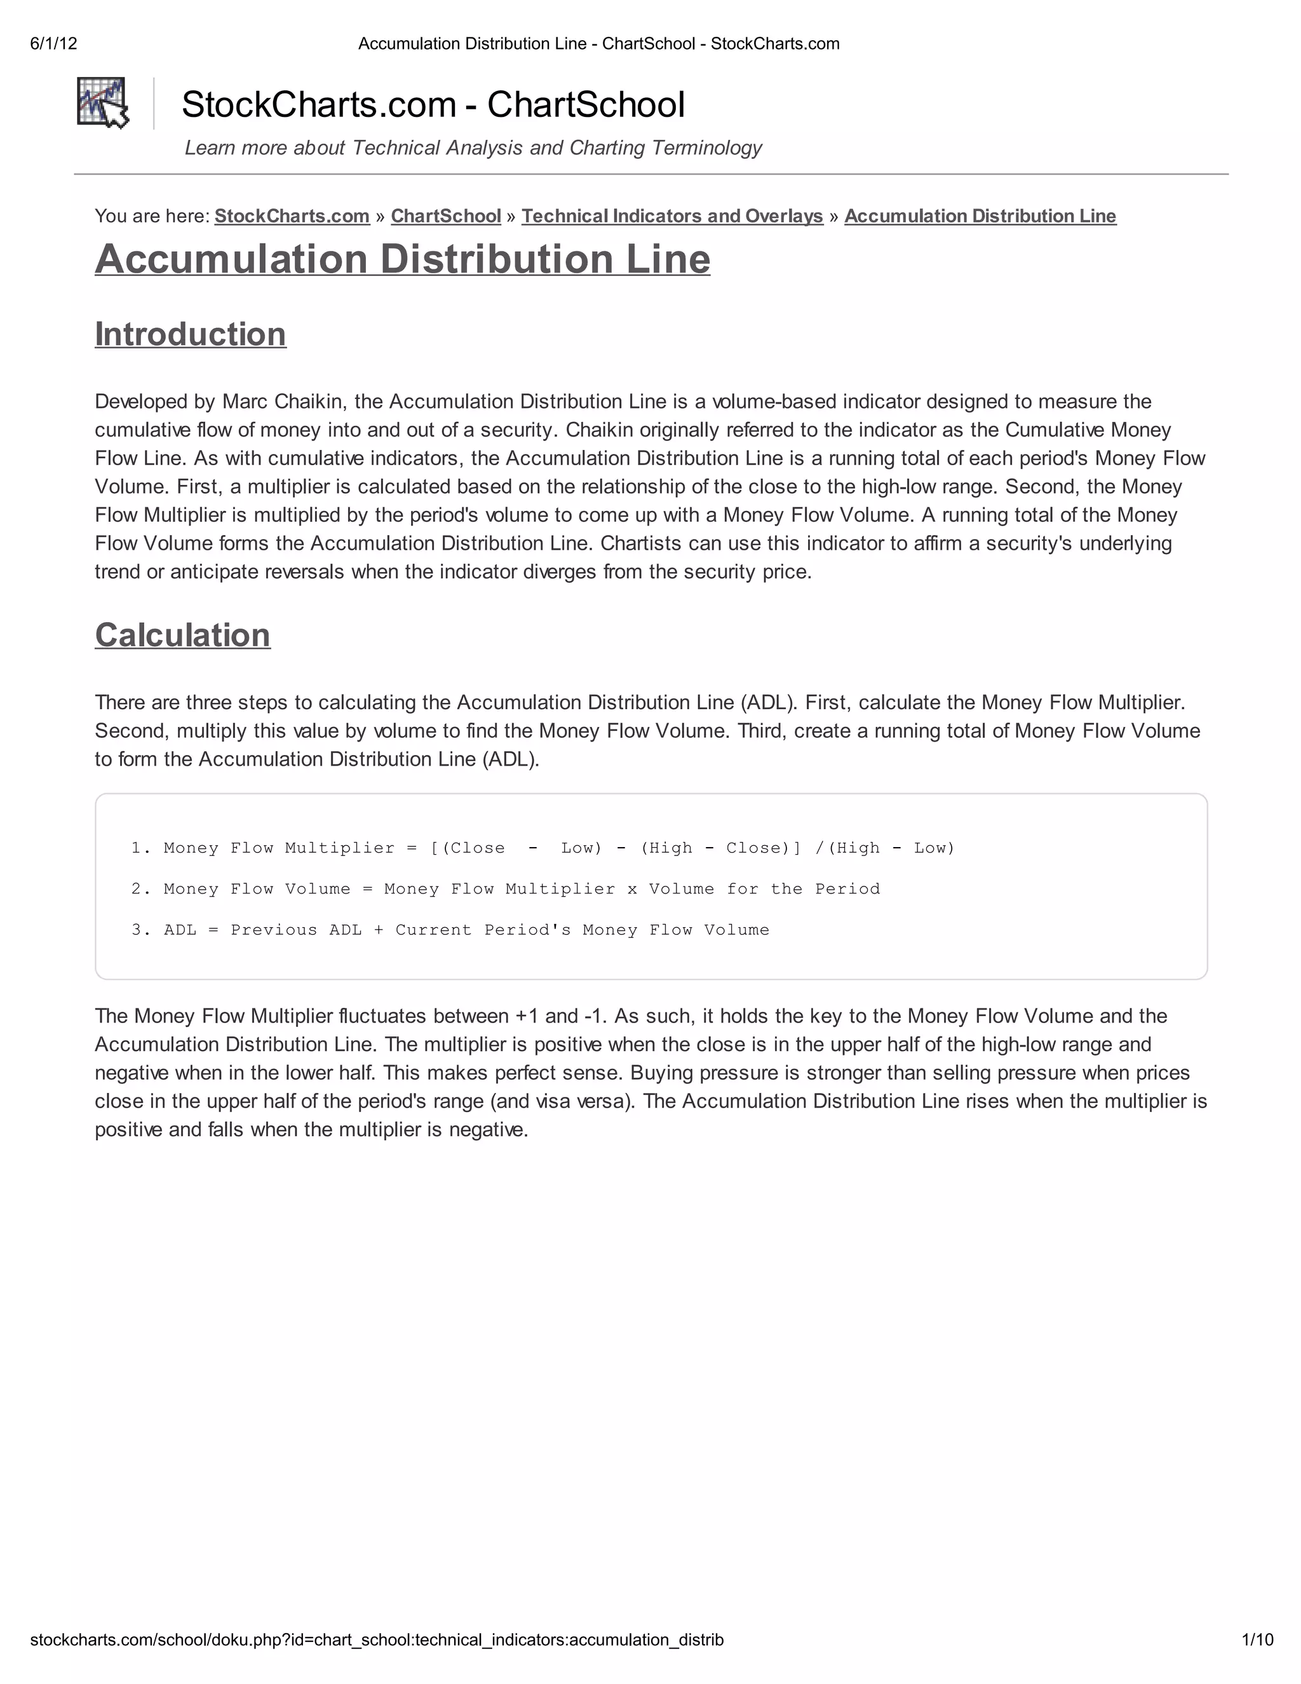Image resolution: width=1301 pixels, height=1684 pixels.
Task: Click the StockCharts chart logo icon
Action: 102,102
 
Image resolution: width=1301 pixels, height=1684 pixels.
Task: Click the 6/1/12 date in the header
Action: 54,44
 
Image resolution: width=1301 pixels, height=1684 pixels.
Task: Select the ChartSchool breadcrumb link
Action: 445,216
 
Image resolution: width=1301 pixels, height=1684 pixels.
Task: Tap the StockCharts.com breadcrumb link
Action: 292,216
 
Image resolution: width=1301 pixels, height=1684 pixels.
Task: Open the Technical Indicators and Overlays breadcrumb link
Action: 672,216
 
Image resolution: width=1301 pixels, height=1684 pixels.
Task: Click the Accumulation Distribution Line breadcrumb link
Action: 980,216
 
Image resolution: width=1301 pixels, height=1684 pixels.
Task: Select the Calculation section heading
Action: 183,635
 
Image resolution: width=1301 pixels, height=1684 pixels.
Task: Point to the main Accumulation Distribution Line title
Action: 402,259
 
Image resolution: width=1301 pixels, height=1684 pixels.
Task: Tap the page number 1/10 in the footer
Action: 1257,1640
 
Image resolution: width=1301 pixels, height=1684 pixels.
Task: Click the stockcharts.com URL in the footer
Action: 377,1640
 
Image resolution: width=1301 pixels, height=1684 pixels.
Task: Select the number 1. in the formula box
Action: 141,848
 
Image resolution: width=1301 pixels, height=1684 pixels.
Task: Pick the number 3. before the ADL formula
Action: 141,930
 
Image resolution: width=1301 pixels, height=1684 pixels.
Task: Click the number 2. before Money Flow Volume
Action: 141,889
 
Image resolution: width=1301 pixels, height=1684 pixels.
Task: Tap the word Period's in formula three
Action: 527,930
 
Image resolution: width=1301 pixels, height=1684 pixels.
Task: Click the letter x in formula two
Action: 632,889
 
